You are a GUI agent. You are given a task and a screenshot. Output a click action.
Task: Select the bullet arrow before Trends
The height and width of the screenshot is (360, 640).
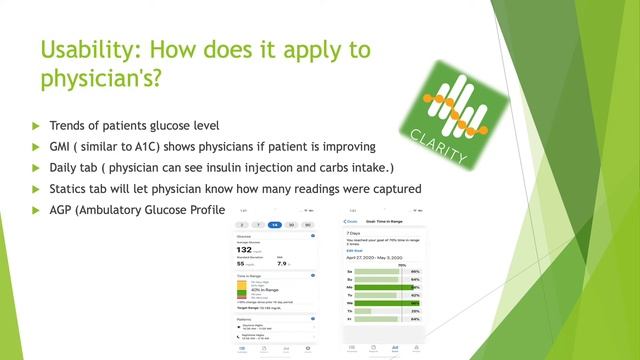tap(38, 127)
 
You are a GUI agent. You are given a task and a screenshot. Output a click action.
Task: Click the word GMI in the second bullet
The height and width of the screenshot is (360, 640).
tap(65, 146)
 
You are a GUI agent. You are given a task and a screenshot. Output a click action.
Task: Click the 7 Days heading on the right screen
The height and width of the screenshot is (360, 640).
tap(355, 231)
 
